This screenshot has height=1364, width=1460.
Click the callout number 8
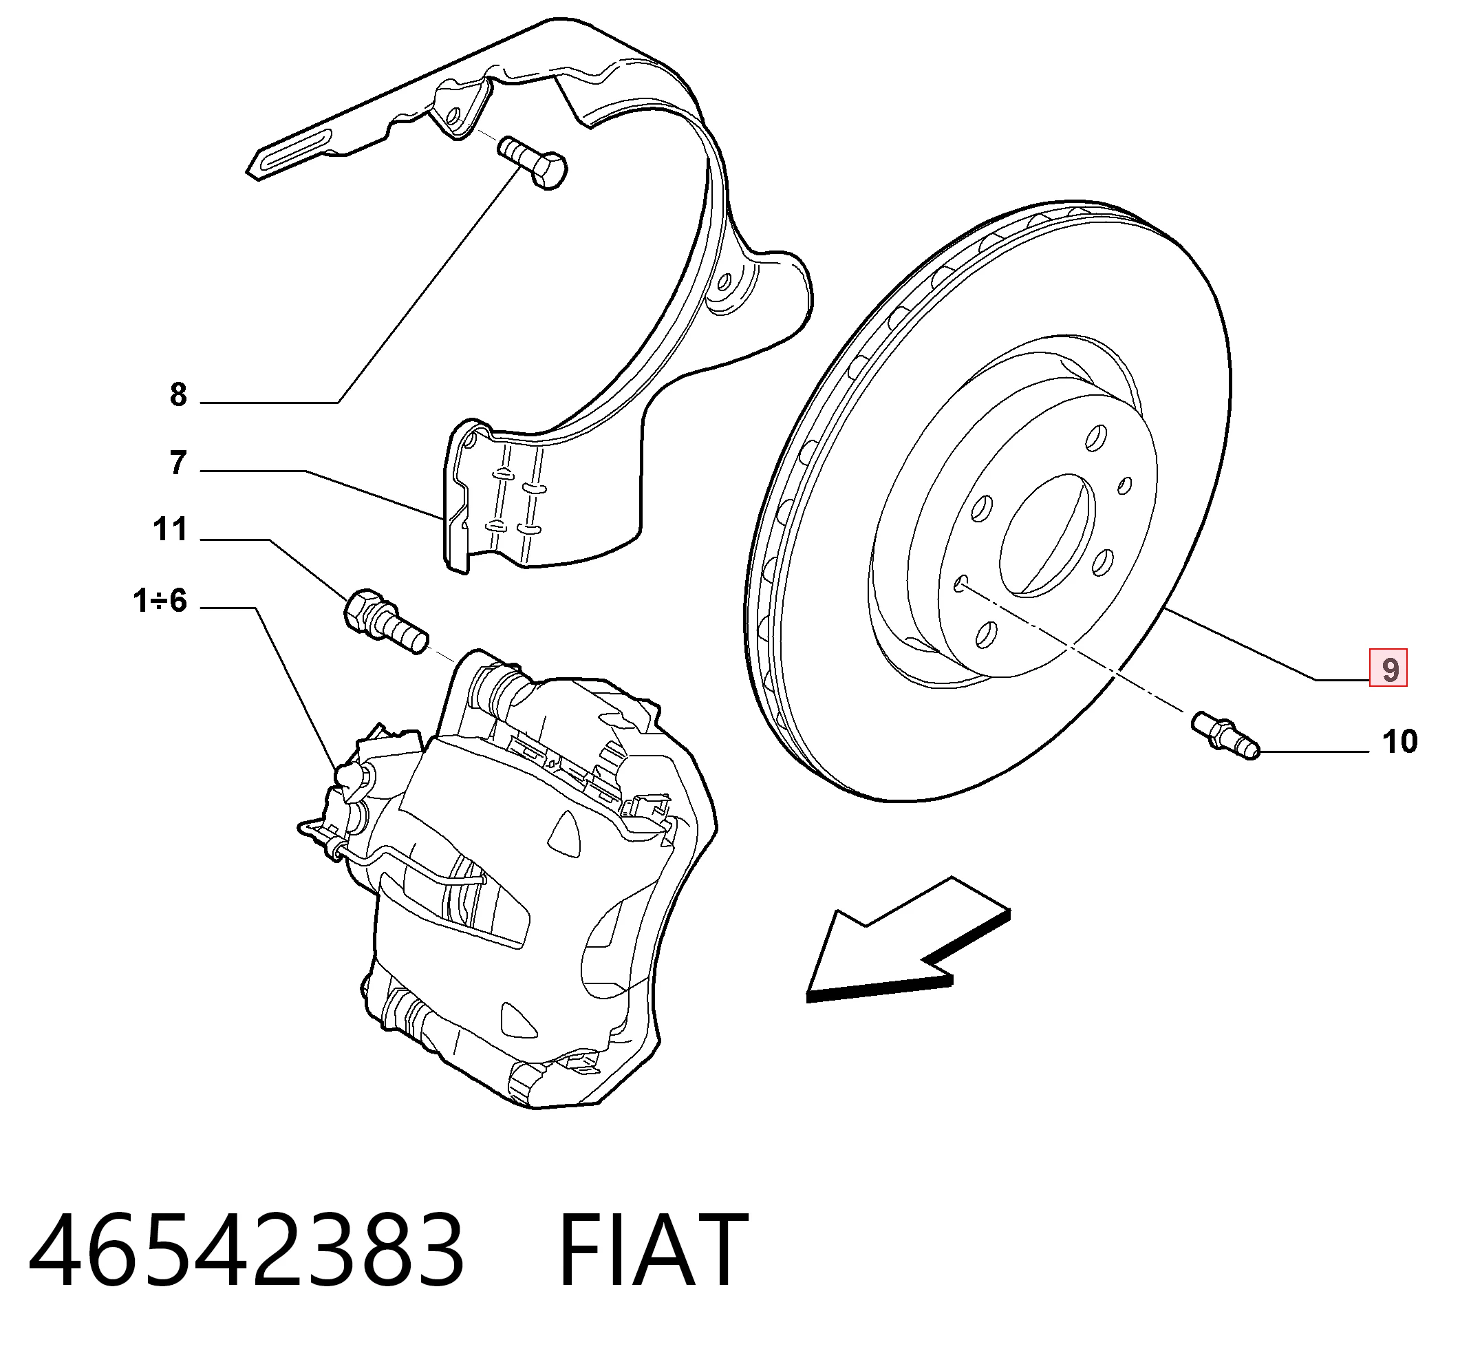tap(178, 395)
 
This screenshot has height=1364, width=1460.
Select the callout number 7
tap(178, 462)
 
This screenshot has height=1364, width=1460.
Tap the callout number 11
tap(171, 530)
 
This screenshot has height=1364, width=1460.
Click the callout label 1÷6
tap(160, 601)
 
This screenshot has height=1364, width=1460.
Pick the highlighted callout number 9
tap(1388, 668)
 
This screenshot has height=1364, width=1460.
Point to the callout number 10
tap(1399, 742)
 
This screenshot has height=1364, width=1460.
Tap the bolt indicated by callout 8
tap(533, 162)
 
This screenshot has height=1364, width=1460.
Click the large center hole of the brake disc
tap(1047, 534)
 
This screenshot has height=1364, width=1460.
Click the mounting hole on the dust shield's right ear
tap(724, 283)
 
